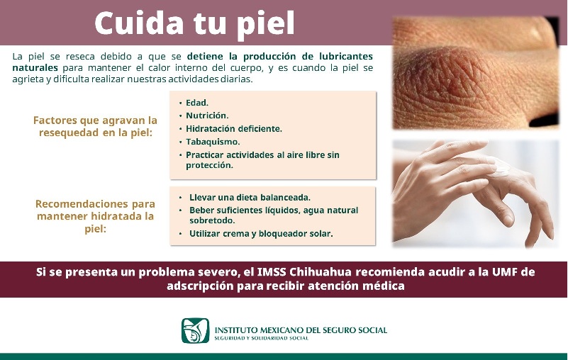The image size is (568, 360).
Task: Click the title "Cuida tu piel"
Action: [194, 23]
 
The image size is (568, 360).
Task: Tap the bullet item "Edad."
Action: [197, 103]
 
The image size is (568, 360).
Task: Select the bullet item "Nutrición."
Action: [207, 116]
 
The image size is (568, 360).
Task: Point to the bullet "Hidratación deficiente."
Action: [234, 128]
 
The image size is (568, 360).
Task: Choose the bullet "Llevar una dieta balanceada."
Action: [250, 198]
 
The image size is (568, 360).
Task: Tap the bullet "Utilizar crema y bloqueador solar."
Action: [261, 233]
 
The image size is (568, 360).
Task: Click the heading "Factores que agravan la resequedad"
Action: [95, 126]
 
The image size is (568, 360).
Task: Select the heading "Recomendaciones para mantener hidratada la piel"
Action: [95, 216]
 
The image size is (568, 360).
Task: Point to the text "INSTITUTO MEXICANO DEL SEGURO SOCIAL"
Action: [301, 330]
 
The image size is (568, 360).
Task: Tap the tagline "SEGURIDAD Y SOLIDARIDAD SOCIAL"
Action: [262, 339]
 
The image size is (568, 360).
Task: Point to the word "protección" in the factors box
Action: [209, 165]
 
